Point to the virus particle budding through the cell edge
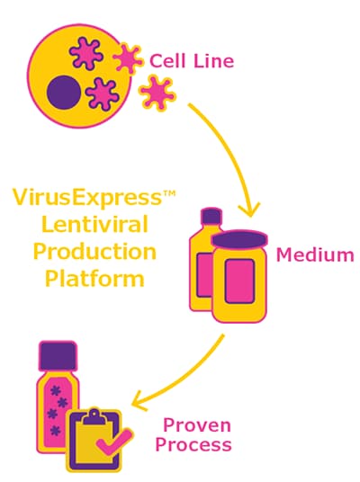[128, 58]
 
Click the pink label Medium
[314, 254]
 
